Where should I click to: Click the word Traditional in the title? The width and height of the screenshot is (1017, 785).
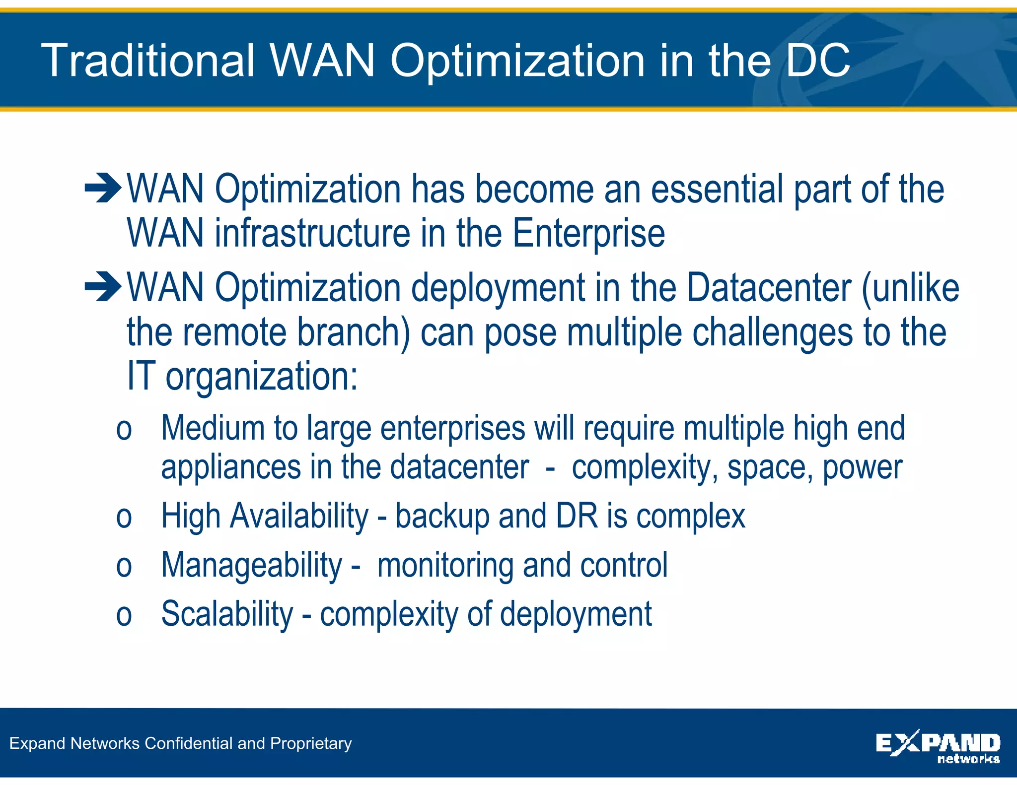click(148, 61)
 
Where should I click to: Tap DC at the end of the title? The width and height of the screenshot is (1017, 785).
click(818, 61)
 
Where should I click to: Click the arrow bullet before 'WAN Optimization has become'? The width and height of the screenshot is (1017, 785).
click(103, 189)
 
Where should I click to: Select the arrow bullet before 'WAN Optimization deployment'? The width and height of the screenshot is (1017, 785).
click(103, 287)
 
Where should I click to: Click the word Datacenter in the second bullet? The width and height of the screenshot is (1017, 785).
click(769, 288)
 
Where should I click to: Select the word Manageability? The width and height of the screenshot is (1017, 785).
click(252, 566)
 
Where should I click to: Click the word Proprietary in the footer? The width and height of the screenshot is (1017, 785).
click(311, 743)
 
